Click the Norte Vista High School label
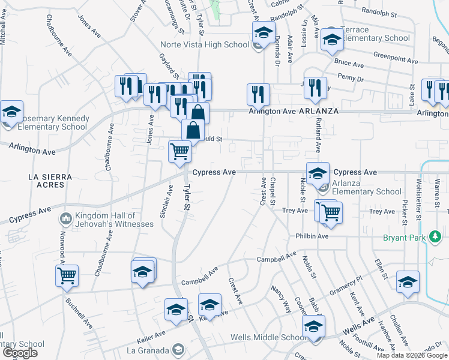click(205, 44)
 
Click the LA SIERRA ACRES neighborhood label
click(50, 181)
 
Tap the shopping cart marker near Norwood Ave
click(67, 275)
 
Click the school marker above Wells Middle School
click(313, 327)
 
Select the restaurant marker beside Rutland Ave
click(315, 88)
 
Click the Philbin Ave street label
click(312, 236)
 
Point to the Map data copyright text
click(412, 355)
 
